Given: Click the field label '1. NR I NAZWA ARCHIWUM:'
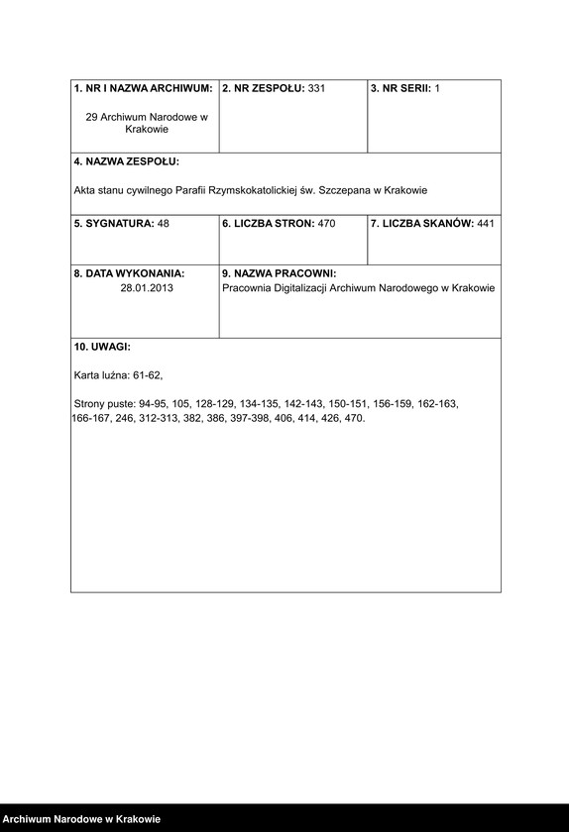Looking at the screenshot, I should pyautogui.click(x=144, y=89).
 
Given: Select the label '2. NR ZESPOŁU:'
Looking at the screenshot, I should pyautogui.click(x=264, y=89).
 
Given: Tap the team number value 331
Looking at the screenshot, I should pyautogui.click(x=317, y=89).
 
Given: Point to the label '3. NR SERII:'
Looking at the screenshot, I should pyautogui.click(x=401, y=89).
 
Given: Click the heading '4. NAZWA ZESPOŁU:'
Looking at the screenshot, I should pyautogui.click(x=127, y=161).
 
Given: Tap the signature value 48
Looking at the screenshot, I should pyautogui.click(x=164, y=224).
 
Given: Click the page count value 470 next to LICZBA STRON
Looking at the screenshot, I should pyautogui.click(x=326, y=224).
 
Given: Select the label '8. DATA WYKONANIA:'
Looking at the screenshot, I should pyautogui.click(x=129, y=273).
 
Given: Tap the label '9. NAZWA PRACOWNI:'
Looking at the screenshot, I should pyautogui.click(x=280, y=273).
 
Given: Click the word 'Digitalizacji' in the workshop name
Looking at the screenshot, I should pyautogui.click(x=306, y=287).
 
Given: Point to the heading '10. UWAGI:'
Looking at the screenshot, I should pyautogui.click(x=102, y=348).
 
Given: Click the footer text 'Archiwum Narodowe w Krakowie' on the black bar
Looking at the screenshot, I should pyautogui.click(x=81, y=819).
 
